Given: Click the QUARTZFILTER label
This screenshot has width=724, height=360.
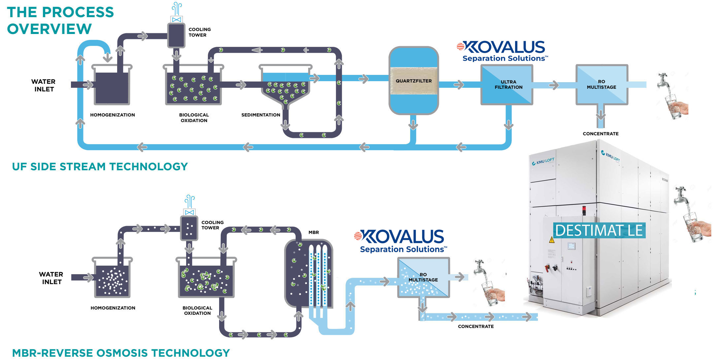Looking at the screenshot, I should tap(413, 81).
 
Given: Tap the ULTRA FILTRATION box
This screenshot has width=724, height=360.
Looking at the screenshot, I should tap(507, 85).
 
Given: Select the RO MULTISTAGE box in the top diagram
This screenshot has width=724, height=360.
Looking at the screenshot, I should tap(602, 84).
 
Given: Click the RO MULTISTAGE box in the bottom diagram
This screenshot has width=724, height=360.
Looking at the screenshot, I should tap(423, 278).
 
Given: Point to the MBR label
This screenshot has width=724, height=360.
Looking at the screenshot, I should tap(313, 232).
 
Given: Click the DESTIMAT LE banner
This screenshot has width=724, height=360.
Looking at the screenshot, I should tap(599, 230).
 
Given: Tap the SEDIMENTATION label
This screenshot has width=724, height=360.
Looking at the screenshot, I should tap(261, 115).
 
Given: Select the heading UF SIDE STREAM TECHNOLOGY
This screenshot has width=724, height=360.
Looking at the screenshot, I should tap(100, 167).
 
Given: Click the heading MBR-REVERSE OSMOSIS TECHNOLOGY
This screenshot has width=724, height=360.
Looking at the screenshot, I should tap(121, 353).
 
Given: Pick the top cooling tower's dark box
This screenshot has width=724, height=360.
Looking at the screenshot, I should tap(176, 36).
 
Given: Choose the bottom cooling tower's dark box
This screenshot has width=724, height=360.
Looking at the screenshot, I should tap(189, 228).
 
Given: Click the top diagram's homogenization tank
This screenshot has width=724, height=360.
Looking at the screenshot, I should tap(112, 87).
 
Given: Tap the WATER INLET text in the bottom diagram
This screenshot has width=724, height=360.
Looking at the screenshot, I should tap(51, 278).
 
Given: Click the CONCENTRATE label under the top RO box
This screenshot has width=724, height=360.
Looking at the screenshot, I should tap(601, 134).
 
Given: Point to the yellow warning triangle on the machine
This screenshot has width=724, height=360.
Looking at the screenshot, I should tap(551, 240).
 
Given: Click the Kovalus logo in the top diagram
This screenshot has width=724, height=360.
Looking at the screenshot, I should tap(502, 51).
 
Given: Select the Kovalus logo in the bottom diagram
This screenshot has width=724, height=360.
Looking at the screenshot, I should tap(400, 241).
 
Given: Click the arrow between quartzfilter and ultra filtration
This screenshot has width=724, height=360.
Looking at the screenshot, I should tap(459, 85).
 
